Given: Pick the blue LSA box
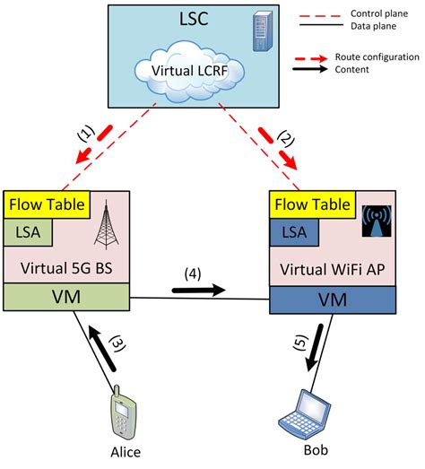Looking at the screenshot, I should coord(297,232).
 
